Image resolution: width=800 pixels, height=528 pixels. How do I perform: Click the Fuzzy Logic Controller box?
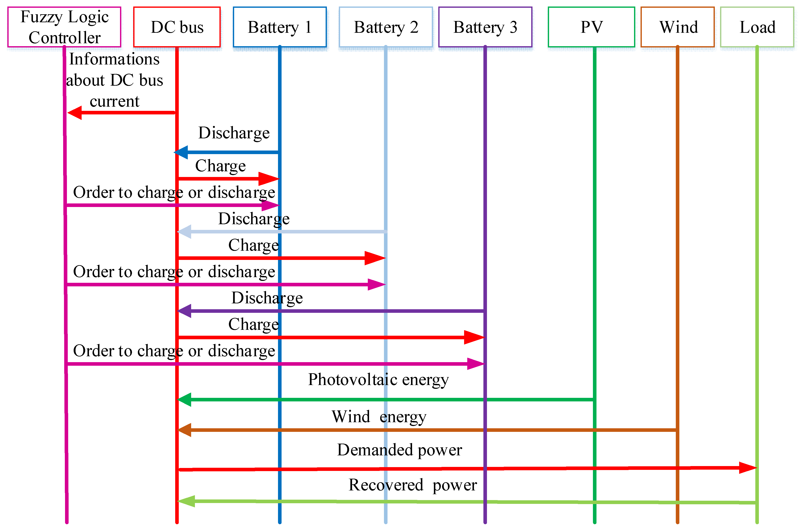(64, 27)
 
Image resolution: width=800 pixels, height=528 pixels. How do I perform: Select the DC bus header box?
(177, 27)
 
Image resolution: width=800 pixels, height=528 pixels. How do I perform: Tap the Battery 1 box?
(279, 27)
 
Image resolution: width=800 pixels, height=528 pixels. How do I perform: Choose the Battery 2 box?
(386, 27)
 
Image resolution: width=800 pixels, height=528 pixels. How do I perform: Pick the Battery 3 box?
(485, 27)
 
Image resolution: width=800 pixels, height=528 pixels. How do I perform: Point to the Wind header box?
(677, 27)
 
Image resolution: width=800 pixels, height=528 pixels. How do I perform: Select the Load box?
(757, 27)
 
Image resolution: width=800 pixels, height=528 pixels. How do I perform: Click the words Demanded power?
(399, 450)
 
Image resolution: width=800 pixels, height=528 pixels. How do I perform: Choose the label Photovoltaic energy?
(378, 380)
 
